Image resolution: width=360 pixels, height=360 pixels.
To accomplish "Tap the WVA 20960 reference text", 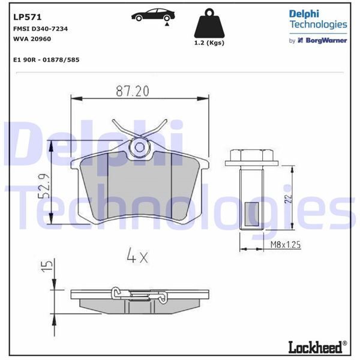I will pos(31,38).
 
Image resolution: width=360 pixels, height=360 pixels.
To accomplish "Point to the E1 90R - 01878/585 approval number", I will pos(46,60).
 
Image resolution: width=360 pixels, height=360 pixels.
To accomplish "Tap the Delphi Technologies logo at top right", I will pos(317,19).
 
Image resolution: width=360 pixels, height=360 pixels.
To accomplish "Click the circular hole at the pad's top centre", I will pos(139,146).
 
